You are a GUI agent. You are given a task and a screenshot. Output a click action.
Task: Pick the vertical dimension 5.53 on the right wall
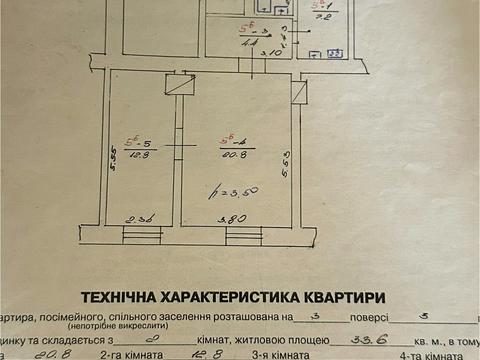(x=286, y=160)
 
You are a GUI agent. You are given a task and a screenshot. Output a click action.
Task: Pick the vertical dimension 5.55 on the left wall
(x=114, y=163)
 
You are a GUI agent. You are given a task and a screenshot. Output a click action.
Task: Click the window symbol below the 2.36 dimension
(x=141, y=236)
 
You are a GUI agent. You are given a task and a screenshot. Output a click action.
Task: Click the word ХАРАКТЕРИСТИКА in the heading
(x=241, y=296)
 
